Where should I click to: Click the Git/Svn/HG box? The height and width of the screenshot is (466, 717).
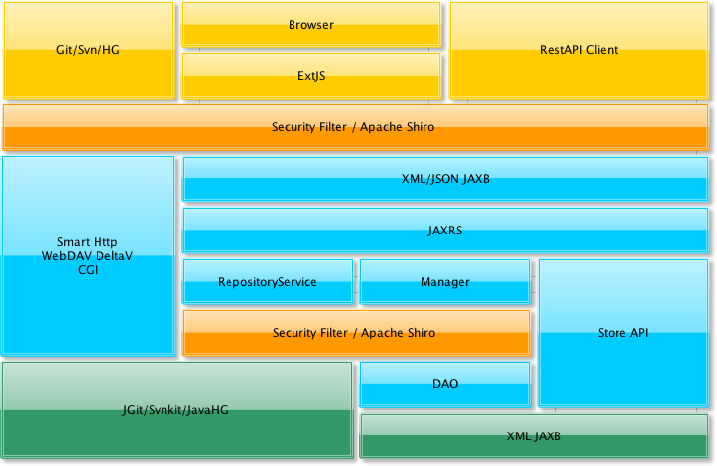(x=89, y=50)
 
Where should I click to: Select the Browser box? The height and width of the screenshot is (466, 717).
(x=311, y=25)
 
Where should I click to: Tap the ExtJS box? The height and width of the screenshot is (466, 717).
(x=311, y=76)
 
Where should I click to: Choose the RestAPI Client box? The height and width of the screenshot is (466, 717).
(x=579, y=50)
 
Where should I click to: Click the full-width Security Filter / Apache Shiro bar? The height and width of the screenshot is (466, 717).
(x=355, y=127)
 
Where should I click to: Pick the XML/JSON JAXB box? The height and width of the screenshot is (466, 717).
(x=445, y=179)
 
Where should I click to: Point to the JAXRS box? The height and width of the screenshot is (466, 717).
(x=445, y=231)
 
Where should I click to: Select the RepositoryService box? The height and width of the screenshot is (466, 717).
(x=267, y=282)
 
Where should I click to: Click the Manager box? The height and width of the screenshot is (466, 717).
(x=445, y=282)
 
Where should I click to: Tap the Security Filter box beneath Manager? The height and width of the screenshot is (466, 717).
(x=356, y=333)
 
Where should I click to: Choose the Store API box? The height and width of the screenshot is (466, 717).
(x=623, y=333)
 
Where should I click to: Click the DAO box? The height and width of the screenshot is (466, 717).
(x=445, y=384)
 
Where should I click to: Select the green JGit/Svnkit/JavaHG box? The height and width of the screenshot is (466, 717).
(x=176, y=409)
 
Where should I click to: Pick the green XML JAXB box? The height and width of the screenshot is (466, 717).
(x=534, y=435)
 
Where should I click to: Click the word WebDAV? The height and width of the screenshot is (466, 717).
(x=65, y=255)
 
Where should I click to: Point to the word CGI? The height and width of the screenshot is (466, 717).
(x=88, y=269)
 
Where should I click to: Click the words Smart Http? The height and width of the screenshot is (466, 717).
(x=88, y=241)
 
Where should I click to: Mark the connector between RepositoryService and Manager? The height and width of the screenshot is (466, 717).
(x=357, y=283)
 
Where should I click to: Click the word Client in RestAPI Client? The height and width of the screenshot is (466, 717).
(x=602, y=50)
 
